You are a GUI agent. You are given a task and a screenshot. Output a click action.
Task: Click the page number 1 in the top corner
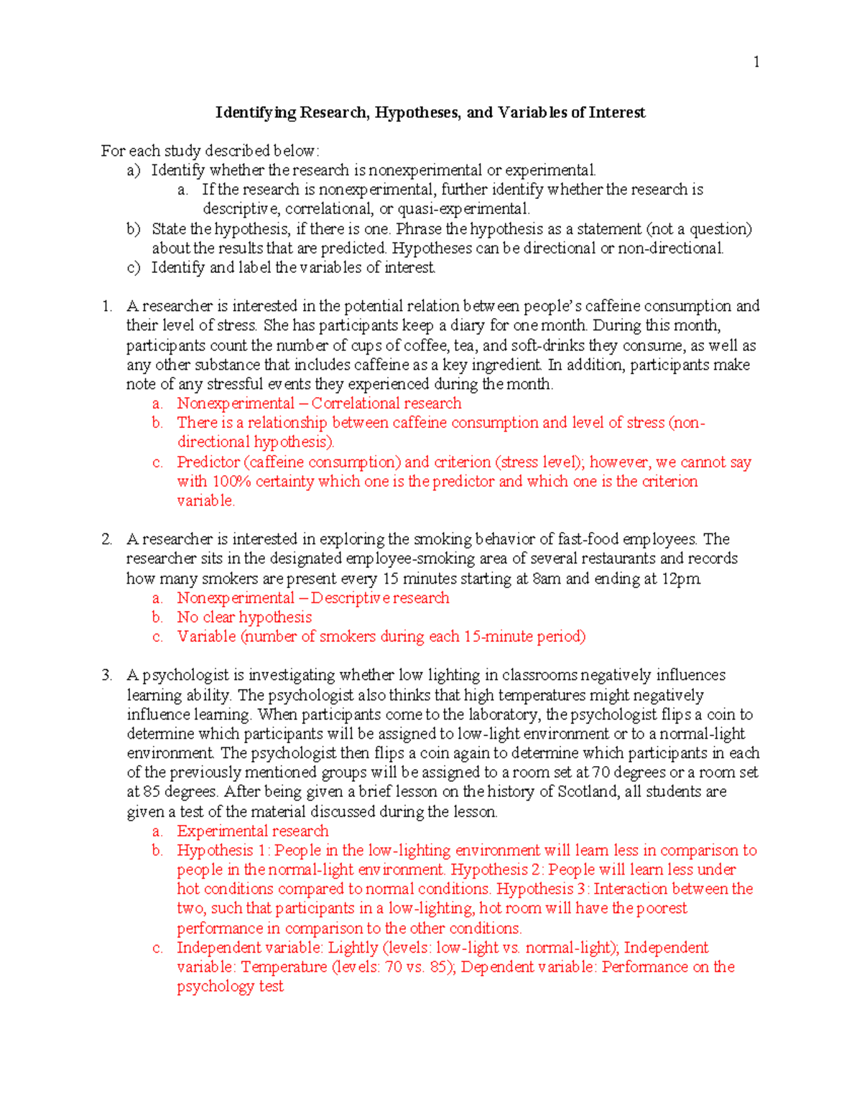(756, 62)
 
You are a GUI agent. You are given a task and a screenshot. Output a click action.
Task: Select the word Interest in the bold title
(617, 113)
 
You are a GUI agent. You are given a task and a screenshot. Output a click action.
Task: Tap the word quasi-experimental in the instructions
(476, 209)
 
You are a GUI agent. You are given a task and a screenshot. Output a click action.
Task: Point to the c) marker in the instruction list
(133, 268)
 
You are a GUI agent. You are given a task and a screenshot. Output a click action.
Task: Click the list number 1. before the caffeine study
(107, 307)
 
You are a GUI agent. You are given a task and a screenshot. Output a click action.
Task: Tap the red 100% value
(231, 482)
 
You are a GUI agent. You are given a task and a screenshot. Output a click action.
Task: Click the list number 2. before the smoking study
(107, 540)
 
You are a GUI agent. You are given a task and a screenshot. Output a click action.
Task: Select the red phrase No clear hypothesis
(244, 617)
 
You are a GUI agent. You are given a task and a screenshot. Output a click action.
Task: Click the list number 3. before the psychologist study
(107, 676)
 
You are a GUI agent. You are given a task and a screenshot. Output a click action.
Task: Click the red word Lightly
(353, 948)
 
